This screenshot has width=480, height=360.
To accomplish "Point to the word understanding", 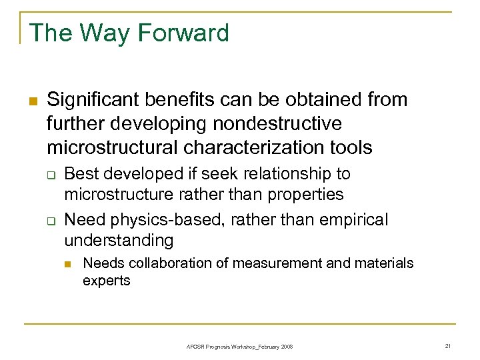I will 118,239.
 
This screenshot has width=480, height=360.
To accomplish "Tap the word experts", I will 106,281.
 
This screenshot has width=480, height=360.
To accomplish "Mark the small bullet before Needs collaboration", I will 67,264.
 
